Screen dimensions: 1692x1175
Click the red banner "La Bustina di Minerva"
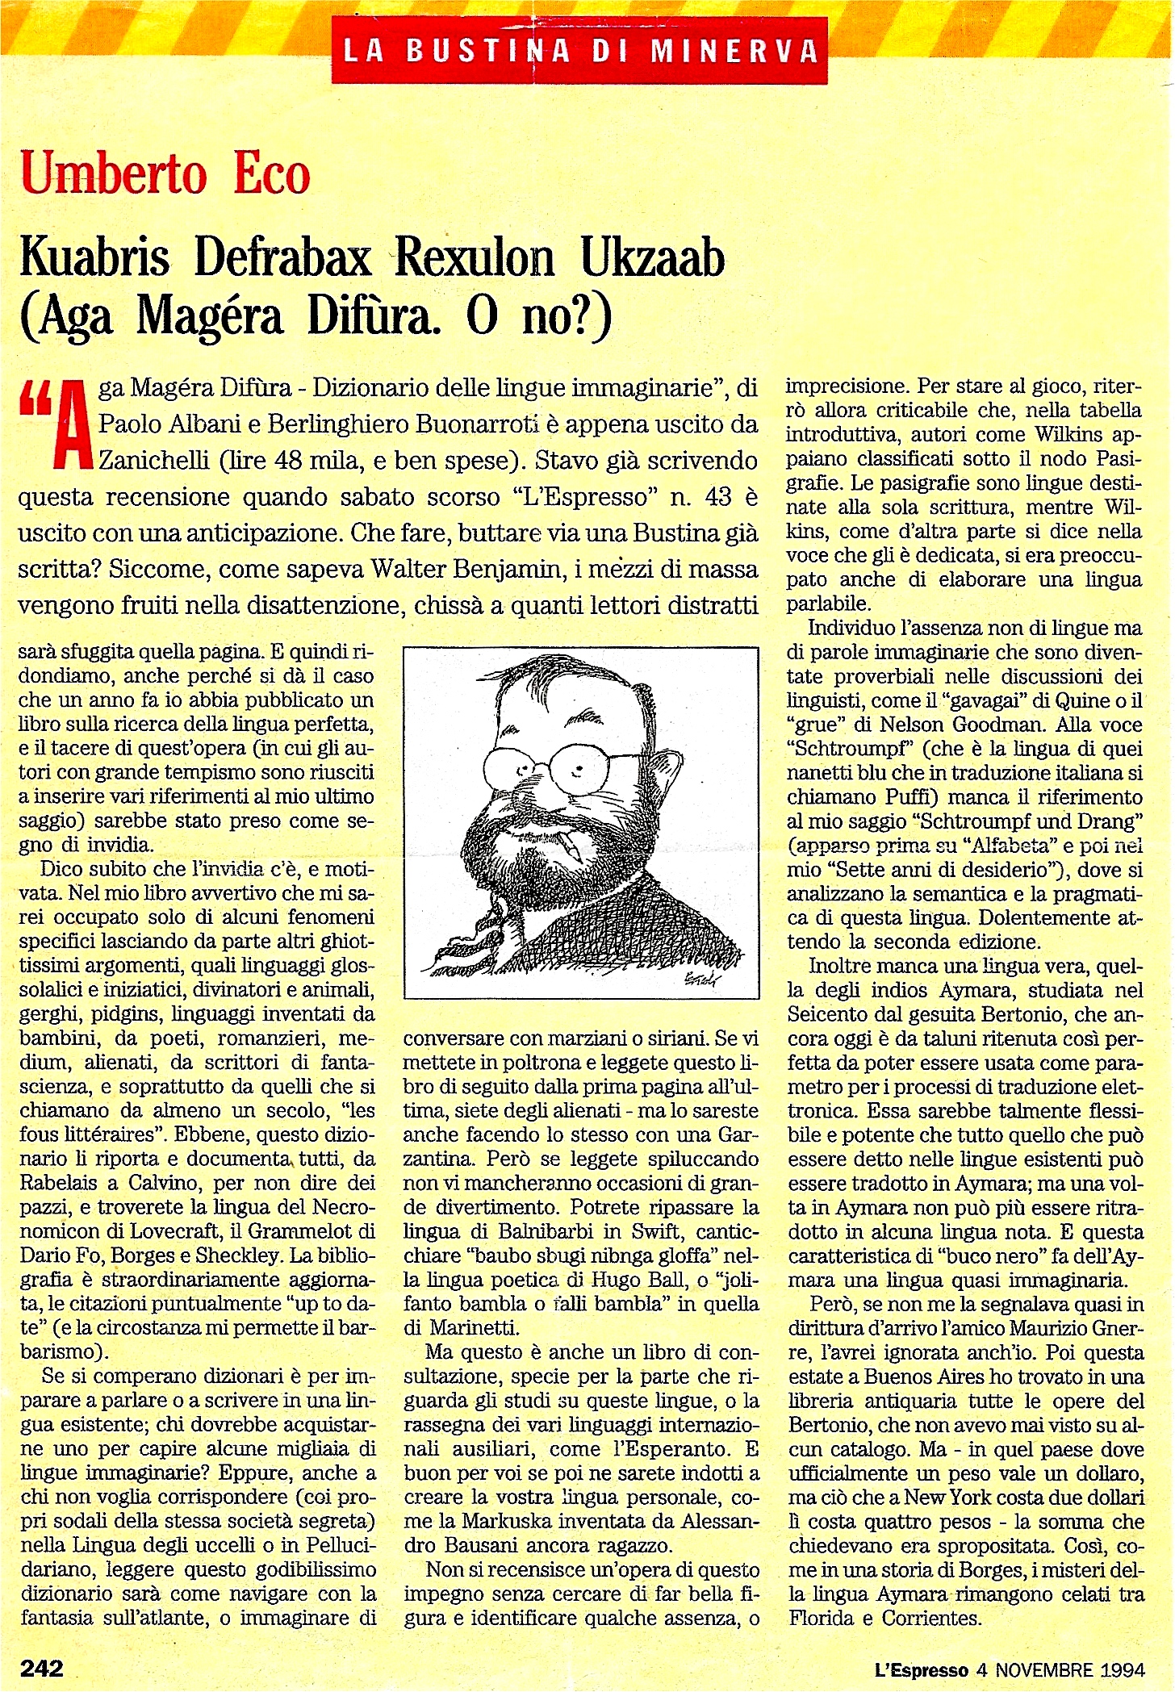tap(579, 51)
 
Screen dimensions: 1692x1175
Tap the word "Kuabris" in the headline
tap(95, 258)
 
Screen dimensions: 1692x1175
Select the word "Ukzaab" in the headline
tap(652, 258)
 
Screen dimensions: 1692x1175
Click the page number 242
tap(42, 1667)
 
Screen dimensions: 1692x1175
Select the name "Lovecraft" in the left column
tap(189, 1231)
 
